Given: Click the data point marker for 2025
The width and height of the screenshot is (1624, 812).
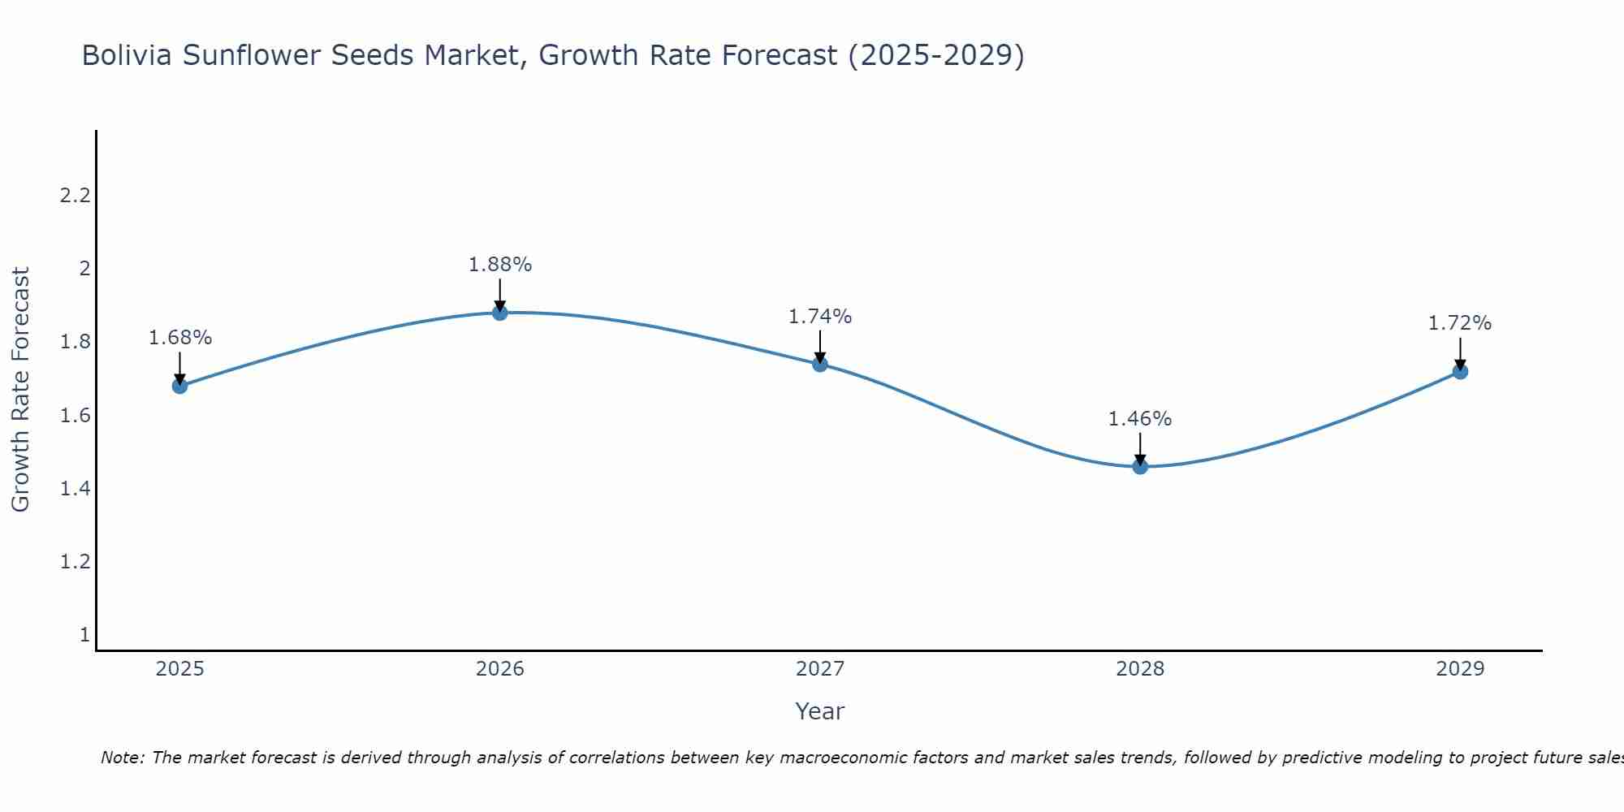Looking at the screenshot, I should [180, 386].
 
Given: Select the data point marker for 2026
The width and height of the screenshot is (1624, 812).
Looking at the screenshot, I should [500, 313].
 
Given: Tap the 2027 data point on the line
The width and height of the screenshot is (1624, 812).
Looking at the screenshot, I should [820, 364].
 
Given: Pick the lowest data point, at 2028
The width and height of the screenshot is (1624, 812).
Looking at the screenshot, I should [1140, 466].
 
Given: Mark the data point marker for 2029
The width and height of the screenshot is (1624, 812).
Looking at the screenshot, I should [1460, 371].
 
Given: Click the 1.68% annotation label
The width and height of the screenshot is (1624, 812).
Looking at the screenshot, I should [180, 338].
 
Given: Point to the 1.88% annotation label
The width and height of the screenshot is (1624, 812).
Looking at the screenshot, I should [500, 265].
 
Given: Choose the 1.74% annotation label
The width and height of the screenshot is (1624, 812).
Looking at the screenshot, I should [820, 317].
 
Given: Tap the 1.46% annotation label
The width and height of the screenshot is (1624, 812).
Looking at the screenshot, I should [1140, 419].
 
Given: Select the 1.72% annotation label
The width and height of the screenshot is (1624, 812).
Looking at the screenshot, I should [1460, 323].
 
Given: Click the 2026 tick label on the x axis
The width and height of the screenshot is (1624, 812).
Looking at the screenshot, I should [500, 669].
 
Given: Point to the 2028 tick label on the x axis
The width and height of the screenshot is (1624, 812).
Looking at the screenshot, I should [1140, 669].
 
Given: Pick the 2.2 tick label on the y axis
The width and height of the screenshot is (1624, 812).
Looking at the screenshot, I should [75, 196].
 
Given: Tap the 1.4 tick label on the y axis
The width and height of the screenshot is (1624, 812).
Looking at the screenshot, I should [75, 489].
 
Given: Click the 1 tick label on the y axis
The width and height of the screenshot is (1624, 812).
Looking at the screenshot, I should [84, 635].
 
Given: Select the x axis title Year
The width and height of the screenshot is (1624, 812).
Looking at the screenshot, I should [820, 711].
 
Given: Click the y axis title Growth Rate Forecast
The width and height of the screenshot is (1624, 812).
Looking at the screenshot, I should [20, 390].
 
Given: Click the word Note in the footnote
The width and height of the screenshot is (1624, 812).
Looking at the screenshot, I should [122, 758].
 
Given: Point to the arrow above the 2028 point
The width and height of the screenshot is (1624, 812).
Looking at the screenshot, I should [1140, 449].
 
